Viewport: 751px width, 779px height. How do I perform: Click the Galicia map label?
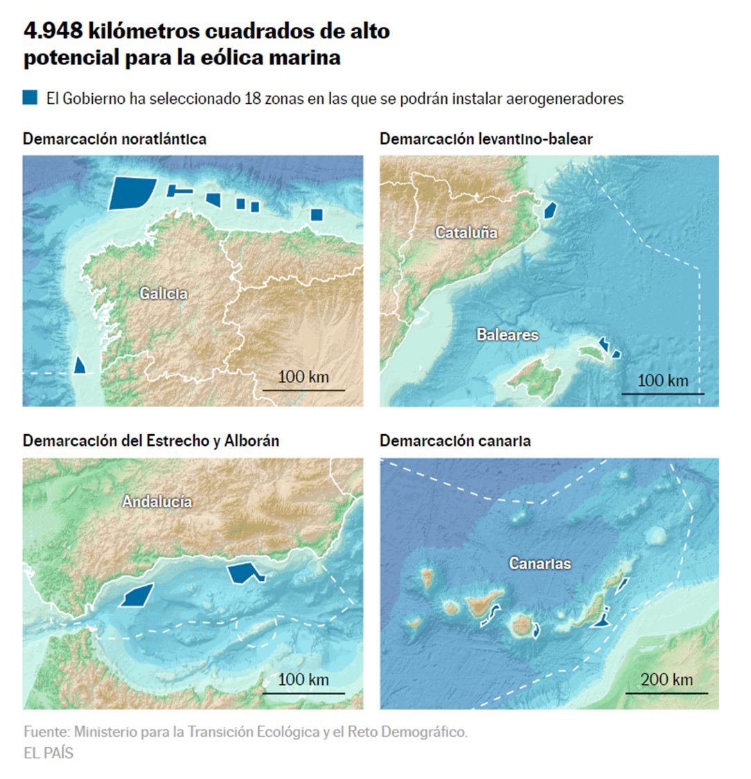(164, 294)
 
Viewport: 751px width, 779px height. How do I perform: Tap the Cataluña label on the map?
(466, 233)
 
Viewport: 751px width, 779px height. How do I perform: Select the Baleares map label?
(507, 335)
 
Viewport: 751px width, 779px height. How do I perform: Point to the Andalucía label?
(157, 501)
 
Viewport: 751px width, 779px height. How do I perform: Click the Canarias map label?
(540, 564)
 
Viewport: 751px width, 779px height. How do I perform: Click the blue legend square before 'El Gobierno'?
(30, 98)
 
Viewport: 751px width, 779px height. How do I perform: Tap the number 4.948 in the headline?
(53, 31)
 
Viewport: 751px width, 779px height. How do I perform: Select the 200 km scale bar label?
(666, 679)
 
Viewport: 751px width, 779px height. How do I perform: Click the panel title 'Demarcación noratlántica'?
(114, 138)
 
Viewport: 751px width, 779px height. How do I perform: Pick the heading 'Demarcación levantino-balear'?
(486, 138)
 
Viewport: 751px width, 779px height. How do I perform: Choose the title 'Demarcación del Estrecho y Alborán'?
(151, 440)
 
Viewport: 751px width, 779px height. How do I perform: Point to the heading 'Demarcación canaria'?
(455, 440)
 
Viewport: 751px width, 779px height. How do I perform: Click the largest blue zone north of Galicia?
(131, 192)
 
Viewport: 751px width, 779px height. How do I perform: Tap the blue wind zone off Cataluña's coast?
(550, 210)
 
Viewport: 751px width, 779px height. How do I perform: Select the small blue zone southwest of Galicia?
(81, 365)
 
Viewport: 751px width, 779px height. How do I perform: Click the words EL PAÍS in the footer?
(48, 753)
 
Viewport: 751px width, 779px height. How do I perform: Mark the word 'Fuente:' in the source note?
(46, 732)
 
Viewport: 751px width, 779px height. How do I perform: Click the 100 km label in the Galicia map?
(303, 377)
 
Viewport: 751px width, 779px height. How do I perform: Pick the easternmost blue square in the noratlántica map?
(317, 215)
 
